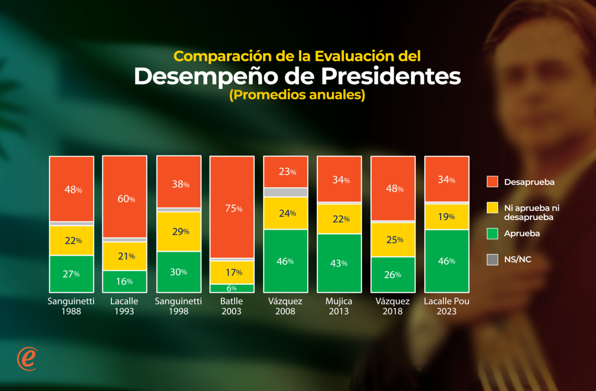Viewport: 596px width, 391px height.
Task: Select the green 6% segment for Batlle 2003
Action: click(x=232, y=288)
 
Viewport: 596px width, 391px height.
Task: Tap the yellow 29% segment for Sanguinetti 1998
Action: click(x=179, y=232)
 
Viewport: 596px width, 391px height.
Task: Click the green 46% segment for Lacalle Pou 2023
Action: click(x=446, y=261)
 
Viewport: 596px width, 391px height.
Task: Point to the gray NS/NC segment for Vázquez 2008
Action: click(x=286, y=192)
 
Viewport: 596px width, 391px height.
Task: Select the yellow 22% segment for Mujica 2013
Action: click(x=339, y=219)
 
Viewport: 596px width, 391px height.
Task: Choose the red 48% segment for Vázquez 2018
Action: click(x=393, y=188)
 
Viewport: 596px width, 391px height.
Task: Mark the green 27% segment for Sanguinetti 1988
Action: click(x=72, y=274)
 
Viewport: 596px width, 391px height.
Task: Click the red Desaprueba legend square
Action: click(x=492, y=181)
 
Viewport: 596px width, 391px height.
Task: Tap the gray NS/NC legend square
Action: click(x=492, y=259)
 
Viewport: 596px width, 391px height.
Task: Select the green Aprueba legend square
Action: click(x=492, y=234)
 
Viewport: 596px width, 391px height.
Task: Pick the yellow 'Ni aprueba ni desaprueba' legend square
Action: click(x=492, y=208)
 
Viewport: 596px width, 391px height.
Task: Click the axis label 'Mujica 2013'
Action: click(x=339, y=306)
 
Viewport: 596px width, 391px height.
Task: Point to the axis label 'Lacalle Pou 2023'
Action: click(x=446, y=306)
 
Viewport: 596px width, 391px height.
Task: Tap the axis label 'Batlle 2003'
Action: click(x=232, y=306)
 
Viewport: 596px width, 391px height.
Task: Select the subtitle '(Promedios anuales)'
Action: click(x=297, y=95)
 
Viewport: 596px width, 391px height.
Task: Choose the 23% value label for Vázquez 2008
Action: click(x=286, y=172)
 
